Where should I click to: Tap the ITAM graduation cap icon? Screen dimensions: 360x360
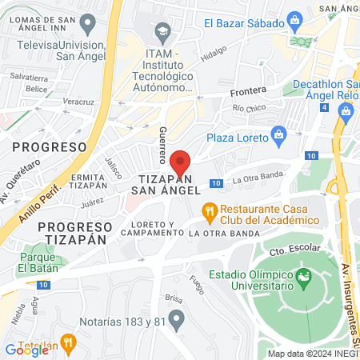pyautogui.click(x=164, y=33)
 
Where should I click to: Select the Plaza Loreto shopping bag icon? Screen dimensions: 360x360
pyautogui.click(x=278, y=133)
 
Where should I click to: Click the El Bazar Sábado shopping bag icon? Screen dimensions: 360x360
pyautogui.click(x=295, y=18)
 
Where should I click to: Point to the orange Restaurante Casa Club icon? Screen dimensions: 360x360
pyautogui.click(x=209, y=211)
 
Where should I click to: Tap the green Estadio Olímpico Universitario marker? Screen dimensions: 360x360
pyautogui.click(x=303, y=278)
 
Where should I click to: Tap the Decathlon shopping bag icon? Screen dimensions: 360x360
pyautogui.click(x=347, y=109)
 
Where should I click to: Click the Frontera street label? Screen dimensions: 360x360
pyautogui.click(x=247, y=91)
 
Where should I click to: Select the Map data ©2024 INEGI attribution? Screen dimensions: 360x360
pyautogui.click(x=312, y=354)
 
